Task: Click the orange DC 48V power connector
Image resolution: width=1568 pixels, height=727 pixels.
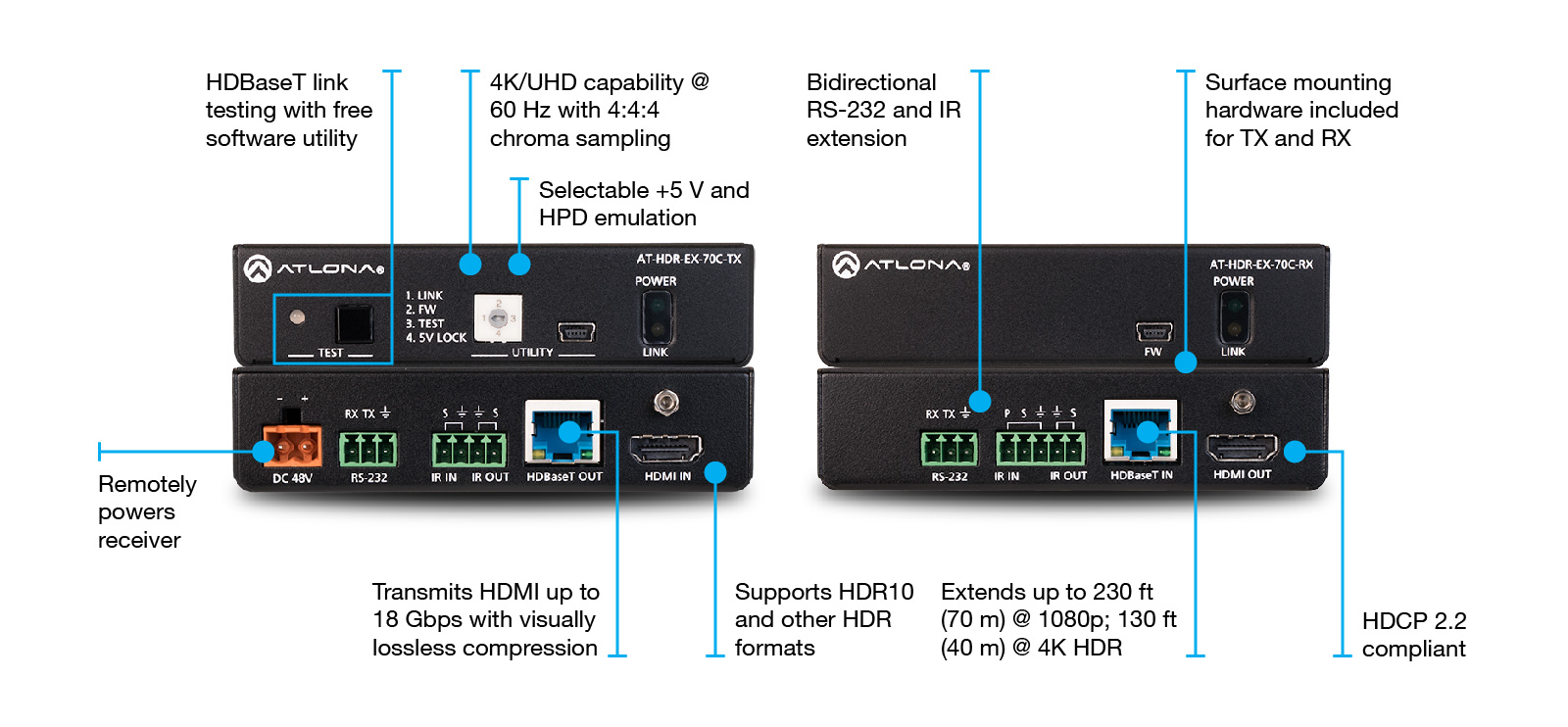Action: pos(292,448)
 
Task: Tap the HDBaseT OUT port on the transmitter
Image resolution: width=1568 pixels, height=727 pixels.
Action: pos(563,433)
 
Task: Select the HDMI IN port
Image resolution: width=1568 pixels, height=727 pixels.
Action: pos(666,450)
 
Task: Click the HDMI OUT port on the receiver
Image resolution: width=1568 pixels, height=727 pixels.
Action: pos(1242,449)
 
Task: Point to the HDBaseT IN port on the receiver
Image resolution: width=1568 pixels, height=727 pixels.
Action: pos(1140,431)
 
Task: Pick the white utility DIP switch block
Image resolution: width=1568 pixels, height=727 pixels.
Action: pos(498,318)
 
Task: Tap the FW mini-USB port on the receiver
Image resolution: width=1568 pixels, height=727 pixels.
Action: pos(1153,331)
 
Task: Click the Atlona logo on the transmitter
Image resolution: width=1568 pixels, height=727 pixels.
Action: pos(314,268)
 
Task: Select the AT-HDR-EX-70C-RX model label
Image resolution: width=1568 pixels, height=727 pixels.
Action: pos(1260,265)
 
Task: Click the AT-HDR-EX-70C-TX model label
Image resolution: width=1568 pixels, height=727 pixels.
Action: pos(688,259)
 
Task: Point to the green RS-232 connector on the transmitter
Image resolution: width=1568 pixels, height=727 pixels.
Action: pos(368,450)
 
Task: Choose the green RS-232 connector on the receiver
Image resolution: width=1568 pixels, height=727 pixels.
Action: pos(949,449)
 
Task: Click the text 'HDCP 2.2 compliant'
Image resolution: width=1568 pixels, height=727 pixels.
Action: pos(1413,635)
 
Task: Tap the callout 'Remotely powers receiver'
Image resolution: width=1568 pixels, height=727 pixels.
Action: pos(146,511)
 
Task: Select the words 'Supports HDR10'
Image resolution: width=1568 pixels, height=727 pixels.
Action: pos(823,592)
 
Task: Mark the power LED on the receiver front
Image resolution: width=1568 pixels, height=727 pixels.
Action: pos(1233,306)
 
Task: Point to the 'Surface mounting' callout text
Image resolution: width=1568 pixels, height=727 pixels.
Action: pos(1298,82)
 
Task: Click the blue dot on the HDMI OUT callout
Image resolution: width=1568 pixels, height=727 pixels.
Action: pos(1295,452)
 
